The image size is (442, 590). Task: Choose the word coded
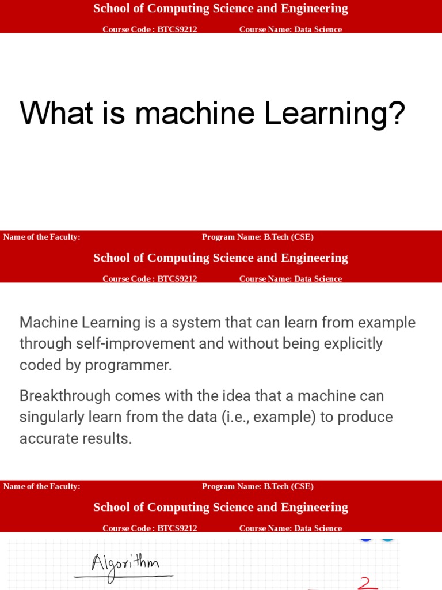[39, 365]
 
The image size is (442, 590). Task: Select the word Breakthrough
[65, 396]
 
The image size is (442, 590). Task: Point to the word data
[202, 417]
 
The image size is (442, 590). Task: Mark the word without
[251, 344]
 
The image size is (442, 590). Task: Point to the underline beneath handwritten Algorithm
[124, 576]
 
